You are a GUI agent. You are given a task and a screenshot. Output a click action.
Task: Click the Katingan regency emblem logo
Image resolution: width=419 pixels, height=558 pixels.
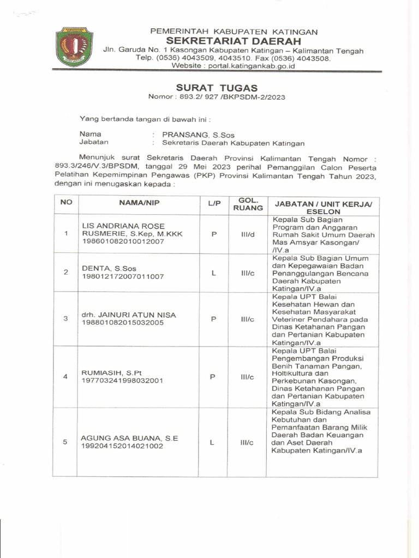coord(74,46)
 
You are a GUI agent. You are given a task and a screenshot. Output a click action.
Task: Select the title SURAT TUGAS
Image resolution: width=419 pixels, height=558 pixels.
coord(217,88)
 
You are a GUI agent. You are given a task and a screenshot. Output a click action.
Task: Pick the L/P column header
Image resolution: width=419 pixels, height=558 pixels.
coord(213,203)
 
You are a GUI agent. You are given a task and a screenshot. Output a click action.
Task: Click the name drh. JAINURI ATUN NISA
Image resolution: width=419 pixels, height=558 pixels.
coord(129,315)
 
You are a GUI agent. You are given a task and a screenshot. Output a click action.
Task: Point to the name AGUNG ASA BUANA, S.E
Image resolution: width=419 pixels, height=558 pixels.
coord(130,438)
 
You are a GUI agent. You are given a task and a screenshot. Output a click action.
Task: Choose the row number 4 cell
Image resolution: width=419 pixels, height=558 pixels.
coord(65,377)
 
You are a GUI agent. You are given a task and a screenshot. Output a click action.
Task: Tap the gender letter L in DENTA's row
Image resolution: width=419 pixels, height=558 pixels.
coord(213,272)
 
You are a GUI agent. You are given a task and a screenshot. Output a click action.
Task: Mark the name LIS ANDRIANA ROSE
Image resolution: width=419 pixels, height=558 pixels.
coord(123,226)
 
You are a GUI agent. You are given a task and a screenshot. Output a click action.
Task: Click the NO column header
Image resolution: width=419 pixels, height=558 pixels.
coord(66,202)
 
